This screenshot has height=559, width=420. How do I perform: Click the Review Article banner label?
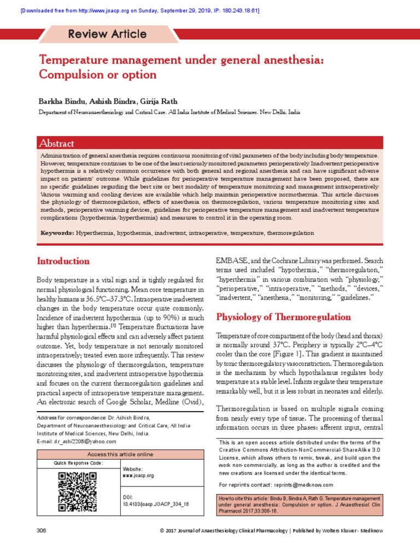coord(107,34)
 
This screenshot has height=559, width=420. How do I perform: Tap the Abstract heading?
coord(56,144)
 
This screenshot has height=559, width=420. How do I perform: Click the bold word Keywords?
coord(57,233)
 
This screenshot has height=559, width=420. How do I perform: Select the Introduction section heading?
coord(63,261)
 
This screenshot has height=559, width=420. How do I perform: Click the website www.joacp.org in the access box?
coord(138,475)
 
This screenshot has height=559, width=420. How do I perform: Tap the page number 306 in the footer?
coord(42,530)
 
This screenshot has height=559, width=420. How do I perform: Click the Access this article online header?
coord(121,454)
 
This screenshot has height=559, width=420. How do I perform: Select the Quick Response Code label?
coord(78,463)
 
